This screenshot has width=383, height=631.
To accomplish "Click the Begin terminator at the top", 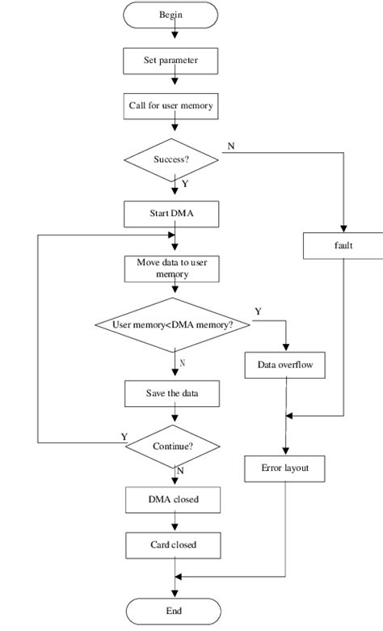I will coord(171,14).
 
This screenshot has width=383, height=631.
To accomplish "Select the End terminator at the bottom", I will coord(174,611).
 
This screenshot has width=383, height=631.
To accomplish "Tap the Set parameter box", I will coord(171,59).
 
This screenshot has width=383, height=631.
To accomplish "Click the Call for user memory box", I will coord(171,105).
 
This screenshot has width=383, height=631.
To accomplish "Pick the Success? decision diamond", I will coord(171,159).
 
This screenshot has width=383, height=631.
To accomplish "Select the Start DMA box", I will coord(171,214).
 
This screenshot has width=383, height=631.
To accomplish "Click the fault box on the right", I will coord(343,246).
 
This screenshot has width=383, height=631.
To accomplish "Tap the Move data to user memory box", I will coord(171,269).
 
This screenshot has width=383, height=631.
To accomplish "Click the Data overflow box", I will coord(284,366).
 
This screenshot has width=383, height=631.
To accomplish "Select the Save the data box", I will coord(171,394).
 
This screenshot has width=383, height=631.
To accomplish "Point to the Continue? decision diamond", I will coord(171,445).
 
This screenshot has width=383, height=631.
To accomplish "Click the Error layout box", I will coord(284,468).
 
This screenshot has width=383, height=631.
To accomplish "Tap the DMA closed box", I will coord(172,499).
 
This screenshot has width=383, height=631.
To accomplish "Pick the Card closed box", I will coord(172,544).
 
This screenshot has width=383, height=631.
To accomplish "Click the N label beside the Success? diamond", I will coord(232,146).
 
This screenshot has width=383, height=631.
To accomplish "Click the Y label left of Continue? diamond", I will coord(124,437).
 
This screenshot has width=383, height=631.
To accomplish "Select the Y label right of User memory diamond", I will coord(258,311).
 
